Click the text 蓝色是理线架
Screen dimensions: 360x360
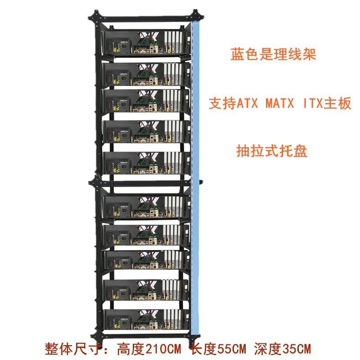click(273, 54)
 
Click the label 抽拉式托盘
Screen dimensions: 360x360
click(271, 151)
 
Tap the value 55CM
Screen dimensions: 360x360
click(232, 348)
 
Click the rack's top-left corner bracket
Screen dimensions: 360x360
click(96, 17)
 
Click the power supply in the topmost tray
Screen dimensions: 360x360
click(118, 45)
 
